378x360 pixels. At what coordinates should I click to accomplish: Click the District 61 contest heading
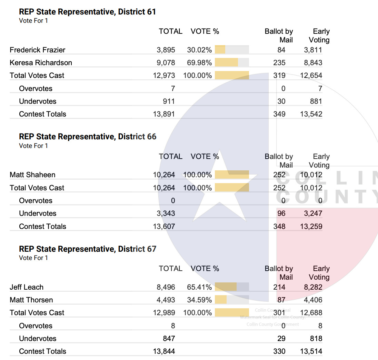tap(87, 12)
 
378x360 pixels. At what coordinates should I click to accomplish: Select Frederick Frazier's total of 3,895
tap(166, 50)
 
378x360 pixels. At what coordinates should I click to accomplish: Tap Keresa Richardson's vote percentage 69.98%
tap(199, 63)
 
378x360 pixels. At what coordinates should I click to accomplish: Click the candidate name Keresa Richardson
tap(41, 63)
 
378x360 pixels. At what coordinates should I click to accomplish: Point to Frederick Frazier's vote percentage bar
tap(231, 50)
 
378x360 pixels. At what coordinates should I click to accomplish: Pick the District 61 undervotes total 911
tap(169, 101)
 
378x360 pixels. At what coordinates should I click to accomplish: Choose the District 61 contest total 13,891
tap(164, 114)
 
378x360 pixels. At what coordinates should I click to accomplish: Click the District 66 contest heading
tap(88, 137)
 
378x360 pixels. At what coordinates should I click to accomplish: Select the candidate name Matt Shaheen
tap(32, 175)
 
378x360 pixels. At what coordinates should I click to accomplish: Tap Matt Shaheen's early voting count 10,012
tap(311, 175)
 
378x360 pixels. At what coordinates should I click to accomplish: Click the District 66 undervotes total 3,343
tap(166, 213)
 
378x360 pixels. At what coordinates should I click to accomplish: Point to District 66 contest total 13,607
tap(164, 227)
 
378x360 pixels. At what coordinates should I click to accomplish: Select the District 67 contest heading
tap(88, 249)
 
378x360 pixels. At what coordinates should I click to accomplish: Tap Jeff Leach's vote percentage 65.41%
tap(199, 287)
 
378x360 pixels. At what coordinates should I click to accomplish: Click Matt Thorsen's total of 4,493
tap(166, 300)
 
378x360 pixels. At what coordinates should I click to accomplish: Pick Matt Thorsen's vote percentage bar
tap(231, 300)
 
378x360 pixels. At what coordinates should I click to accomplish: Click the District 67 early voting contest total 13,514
tap(311, 351)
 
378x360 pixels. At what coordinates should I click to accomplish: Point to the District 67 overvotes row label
tap(36, 326)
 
